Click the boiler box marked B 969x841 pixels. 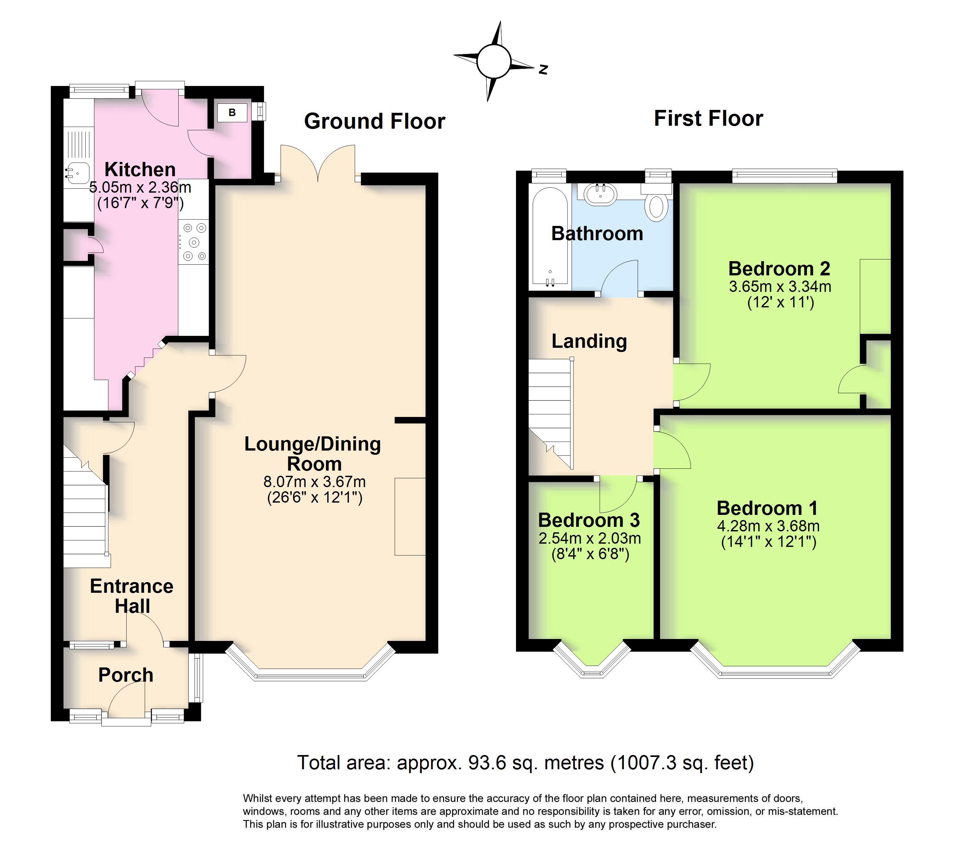(232, 112)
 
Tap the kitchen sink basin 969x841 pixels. (76, 172)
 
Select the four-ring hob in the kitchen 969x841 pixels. (194, 242)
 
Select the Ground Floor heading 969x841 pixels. (374, 122)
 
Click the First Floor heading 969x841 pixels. (709, 118)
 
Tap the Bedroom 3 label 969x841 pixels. (589, 520)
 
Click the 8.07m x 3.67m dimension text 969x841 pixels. (314, 482)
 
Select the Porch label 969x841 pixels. (126, 675)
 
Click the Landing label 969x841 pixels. (589, 341)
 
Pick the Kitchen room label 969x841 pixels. (140, 169)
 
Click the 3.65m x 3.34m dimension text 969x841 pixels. (780, 286)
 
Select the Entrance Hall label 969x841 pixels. (132, 596)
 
